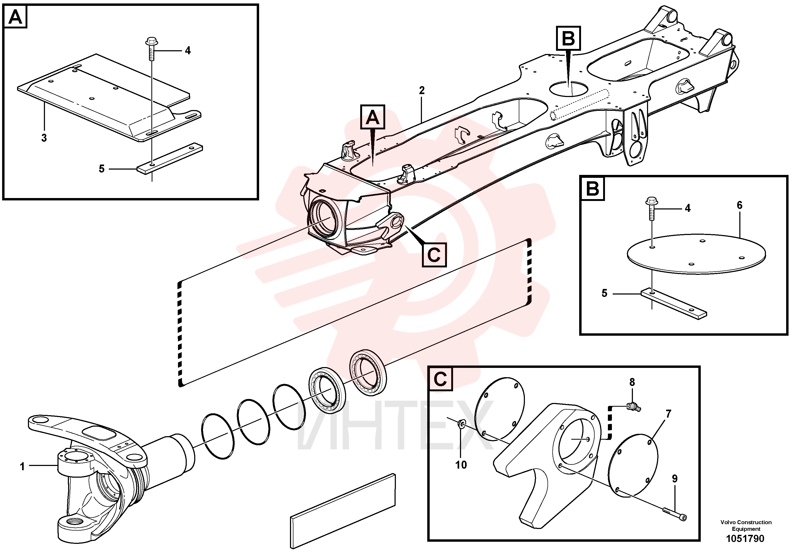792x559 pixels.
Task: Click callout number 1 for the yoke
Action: coord(22,467)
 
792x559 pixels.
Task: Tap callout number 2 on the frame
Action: coord(421,91)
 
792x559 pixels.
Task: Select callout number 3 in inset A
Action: coord(44,138)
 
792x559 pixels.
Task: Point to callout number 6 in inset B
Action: coord(740,205)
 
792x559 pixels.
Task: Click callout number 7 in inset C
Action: coord(668,414)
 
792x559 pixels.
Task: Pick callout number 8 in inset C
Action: coord(632,382)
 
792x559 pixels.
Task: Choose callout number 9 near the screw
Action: coord(674,479)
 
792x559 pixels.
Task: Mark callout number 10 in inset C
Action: coord(461,465)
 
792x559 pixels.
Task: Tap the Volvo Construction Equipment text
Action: coord(746,526)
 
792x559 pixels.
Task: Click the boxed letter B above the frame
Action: coord(569,38)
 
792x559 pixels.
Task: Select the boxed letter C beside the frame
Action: coord(434,255)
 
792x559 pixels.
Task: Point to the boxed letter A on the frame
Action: coord(372,117)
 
